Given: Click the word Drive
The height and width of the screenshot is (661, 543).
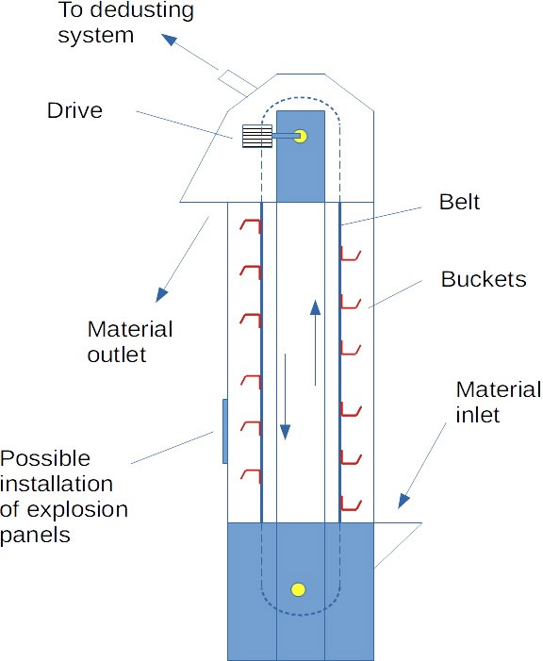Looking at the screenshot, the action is [74, 110].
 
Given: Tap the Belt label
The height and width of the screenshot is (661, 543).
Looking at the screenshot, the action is [459, 202].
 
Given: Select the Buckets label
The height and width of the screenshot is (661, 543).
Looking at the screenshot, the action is [484, 279].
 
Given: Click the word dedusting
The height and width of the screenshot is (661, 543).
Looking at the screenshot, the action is [142, 10].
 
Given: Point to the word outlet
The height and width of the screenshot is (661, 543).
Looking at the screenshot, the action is [117, 355].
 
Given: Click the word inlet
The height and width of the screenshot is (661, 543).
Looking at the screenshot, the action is [478, 415].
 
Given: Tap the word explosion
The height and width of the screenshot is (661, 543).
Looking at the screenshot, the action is [77, 510].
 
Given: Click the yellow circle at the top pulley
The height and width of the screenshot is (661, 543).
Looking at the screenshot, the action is [301, 136].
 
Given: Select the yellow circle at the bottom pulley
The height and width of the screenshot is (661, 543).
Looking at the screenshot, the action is [299, 589].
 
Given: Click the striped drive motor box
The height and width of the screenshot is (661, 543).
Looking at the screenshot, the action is [257, 136].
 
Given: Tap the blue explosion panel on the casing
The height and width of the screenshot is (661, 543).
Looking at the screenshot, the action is [225, 431].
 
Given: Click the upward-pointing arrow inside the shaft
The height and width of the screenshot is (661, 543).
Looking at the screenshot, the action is [316, 342].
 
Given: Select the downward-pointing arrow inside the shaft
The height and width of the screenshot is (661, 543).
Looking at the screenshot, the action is [286, 397].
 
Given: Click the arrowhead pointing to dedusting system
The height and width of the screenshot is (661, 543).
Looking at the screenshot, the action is [170, 40].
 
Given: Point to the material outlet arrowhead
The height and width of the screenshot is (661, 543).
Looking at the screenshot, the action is [162, 294].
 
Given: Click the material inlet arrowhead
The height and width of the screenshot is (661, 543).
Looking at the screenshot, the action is [403, 501].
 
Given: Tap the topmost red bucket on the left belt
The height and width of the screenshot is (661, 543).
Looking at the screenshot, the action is [251, 226].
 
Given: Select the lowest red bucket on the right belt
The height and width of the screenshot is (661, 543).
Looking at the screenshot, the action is [351, 504].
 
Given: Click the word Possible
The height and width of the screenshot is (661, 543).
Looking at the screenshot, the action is [45, 458].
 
